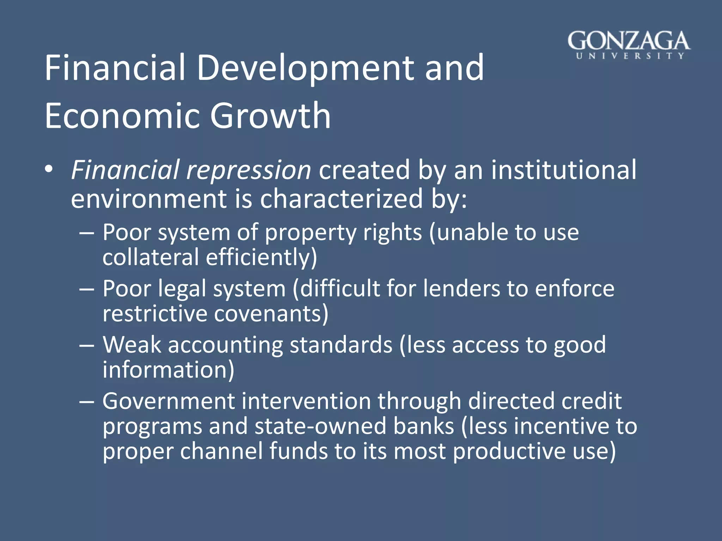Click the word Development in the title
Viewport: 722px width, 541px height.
(306, 68)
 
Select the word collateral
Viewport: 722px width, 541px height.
(151, 257)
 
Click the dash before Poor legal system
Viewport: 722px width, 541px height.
(87, 289)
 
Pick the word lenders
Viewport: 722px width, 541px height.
(461, 289)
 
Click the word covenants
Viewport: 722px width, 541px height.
(271, 313)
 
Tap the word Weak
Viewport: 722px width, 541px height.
(131, 345)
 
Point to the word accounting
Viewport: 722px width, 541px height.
(225, 345)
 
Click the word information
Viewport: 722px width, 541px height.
(168, 370)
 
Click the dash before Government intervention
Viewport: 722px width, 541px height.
(87, 402)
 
